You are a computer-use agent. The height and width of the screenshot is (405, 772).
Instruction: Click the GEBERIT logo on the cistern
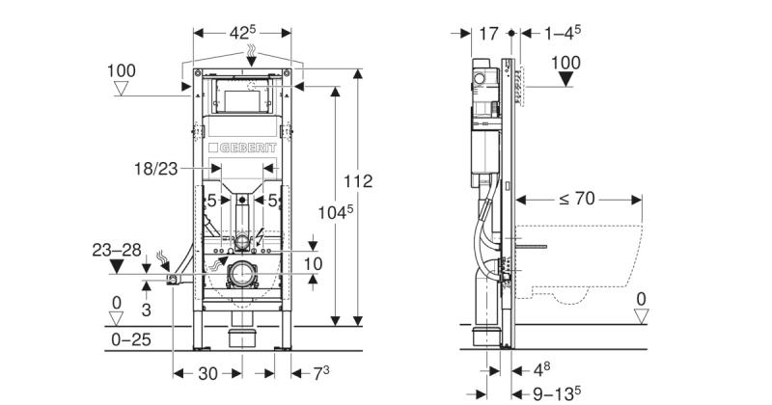click(x=242, y=148)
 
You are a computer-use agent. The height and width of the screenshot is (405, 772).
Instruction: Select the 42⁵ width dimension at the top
click(x=242, y=33)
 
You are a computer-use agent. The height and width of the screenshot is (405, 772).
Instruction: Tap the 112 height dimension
click(x=358, y=181)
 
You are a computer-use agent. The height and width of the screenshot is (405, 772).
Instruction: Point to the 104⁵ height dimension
click(x=335, y=212)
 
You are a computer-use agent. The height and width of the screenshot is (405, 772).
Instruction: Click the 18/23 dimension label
click(x=156, y=169)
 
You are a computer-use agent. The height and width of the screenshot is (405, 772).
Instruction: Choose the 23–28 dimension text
click(x=117, y=250)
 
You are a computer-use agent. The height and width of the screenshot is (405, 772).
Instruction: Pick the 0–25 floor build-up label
click(x=131, y=339)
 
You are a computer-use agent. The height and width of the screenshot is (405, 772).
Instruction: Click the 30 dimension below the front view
click(x=207, y=373)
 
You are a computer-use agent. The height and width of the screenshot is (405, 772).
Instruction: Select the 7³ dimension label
click(x=321, y=372)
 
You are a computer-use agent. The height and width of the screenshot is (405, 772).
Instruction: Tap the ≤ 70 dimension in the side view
click(x=577, y=199)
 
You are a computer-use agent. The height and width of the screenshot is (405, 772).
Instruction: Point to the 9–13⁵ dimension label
click(x=557, y=393)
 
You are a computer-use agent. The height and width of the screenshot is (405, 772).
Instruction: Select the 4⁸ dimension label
click(x=541, y=368)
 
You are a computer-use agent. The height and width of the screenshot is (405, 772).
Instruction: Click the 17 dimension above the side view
click(x=489, y=34)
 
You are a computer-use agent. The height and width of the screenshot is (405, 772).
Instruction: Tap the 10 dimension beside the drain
click(x=313, y=264)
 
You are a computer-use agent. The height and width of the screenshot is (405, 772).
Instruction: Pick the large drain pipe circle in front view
click(x=242, y=274)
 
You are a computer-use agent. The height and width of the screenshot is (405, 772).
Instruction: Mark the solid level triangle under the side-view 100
click(x=566, y=79)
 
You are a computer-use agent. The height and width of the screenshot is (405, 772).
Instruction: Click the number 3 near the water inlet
click(x=147, y=310)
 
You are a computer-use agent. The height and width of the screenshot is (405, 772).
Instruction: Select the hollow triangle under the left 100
click(x=122, y=89)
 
